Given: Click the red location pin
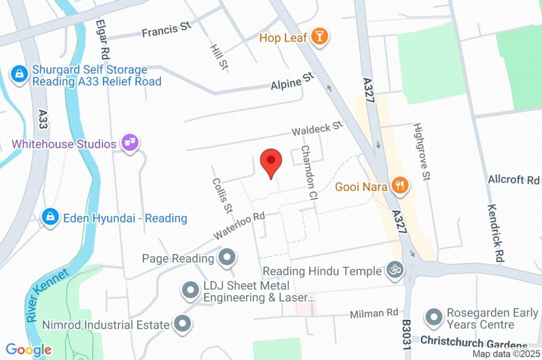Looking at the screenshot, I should pyautogui.click(x=271, y=160).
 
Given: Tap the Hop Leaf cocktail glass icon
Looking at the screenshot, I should pyautogui.click(x=320, y=37).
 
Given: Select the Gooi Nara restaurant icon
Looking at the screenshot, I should pyautogui.click(x=400, y=185).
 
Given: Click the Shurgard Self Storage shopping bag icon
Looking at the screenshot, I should pyautogui.click(x=19, y=75).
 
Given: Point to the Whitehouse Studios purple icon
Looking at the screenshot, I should pyautogui.click(x=129, y=143).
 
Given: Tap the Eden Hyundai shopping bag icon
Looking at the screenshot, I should pyautogui.click(x=50, y=217).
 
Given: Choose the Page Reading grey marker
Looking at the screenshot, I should pyautogui.click(x=228, y=258).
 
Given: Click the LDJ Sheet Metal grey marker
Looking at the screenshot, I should pyautogui.click(x=189, y=290).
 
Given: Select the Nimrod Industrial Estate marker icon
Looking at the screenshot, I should pyautogui.click(x=183, y=324).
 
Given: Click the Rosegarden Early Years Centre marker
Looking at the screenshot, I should pyautogui.click(x=434, y=318).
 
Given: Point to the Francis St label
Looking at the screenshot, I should pyautogui.click(x=166, y=30).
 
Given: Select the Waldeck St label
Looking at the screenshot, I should pyautogui.click(x=318, y=129).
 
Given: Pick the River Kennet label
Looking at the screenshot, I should pyautogui.click(x=48, y=295).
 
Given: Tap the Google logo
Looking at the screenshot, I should pyautogui.click(x=29, y=349).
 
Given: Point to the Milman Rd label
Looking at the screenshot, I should pyautogui.click(x=374, y=314).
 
